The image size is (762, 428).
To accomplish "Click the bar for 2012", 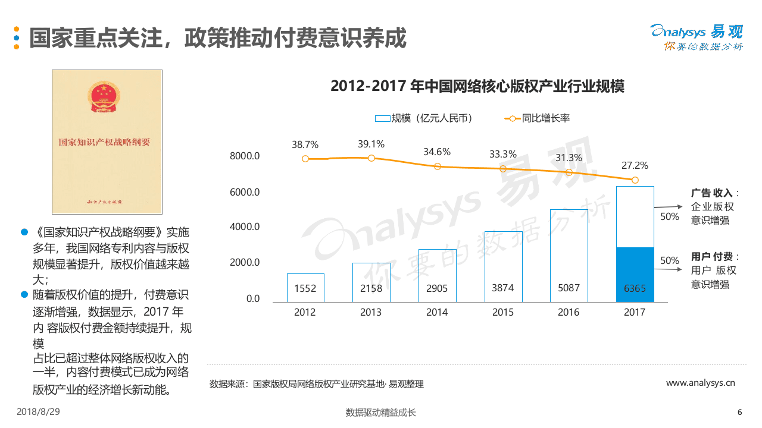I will [305, 288].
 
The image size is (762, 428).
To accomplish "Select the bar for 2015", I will [503, 266].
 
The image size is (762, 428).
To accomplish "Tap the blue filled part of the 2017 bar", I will [635, 274].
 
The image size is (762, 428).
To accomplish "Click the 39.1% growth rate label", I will [371, 144].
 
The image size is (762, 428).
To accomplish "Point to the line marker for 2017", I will [635, 180].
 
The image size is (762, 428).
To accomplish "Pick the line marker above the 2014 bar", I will [437, 166].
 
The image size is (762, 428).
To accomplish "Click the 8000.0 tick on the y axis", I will [245, 156].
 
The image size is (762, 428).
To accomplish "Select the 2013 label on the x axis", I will [371, 312].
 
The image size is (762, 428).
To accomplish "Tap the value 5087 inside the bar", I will [569, 288].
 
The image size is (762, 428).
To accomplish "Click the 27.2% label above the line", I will [635, 165].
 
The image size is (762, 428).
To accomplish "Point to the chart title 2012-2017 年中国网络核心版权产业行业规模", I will [477, 86].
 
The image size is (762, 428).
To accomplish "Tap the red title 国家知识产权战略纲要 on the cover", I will [105, 143].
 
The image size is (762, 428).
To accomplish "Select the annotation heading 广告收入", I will [711, 193].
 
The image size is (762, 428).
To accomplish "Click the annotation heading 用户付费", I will [711, 257].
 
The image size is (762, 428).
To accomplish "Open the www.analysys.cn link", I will [700, 383].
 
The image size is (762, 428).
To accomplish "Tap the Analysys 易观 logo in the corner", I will [696, 37].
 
